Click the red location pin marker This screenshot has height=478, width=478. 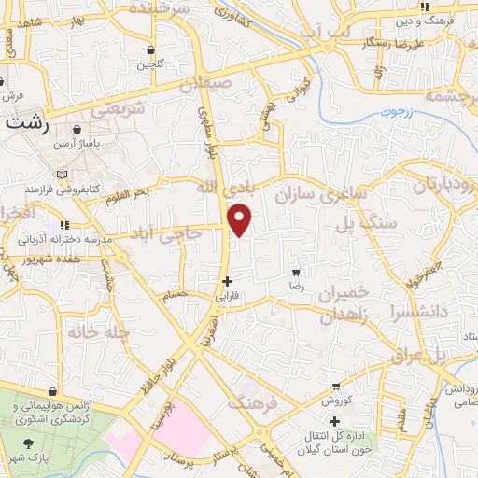tap(241, 218)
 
